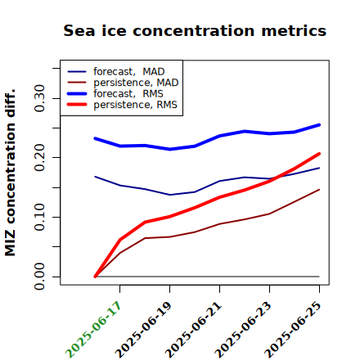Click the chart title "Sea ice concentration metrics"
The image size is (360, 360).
pyautogui.click(x=195, y=31)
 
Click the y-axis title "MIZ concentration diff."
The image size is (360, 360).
pyautogui.click(x=10, y=173)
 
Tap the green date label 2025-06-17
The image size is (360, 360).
pyautogui.click(x=93, y=330)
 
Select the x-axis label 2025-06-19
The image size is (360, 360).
pyautogui.click(x=143, y=330)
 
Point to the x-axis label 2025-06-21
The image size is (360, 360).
pyautogui.click(x=193, y=330)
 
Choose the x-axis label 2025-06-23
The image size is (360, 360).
pyautogui.click(x=243, y=330)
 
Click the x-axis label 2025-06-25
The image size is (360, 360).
pyautogui.click(x=293, y=330)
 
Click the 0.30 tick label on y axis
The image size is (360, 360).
pyautogui.click(x=40, y=98)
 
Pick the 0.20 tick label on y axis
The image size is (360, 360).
pyautogui.click(x=40, y=157)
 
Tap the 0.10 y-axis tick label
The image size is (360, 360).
pyautogui.click(x=40, y=217)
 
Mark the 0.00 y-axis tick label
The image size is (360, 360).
pyautogui.click(x=40, y=277)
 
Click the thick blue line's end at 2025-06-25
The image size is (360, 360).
pyautogui.click(x=319, y=125)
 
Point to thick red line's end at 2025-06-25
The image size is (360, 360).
pyautogui.click(x=319, y=154)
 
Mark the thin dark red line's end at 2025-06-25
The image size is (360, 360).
pyautogui.click(x=319, y=190)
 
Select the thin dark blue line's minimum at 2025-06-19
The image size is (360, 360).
pyautogui.click(x=169, y=195)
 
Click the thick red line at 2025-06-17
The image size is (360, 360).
pyautogui.click(x=120, y=240)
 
